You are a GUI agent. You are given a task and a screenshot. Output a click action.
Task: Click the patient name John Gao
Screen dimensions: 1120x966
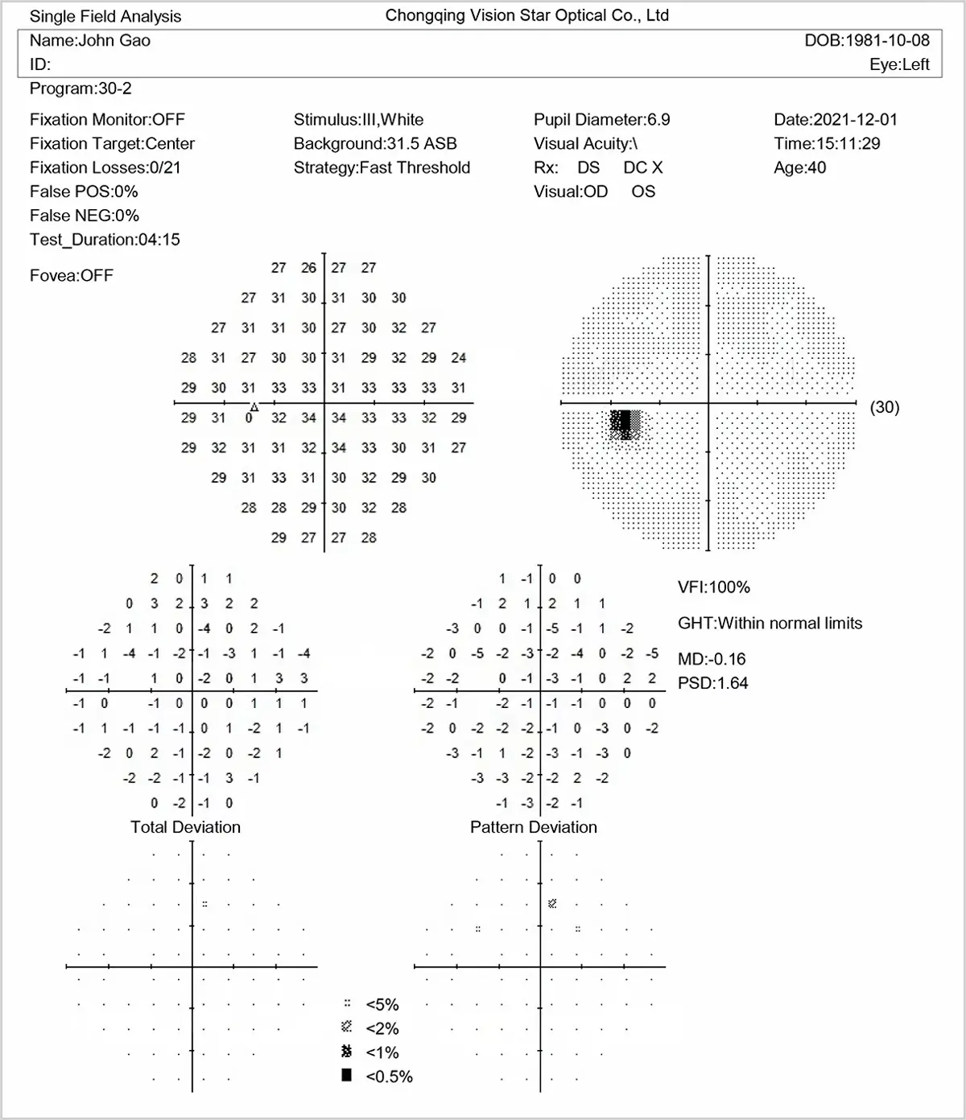pos(90,40)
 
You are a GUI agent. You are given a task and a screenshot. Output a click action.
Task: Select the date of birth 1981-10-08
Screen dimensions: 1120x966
pos(866,40)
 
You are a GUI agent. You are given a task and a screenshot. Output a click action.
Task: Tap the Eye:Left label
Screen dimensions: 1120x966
pos(898,64)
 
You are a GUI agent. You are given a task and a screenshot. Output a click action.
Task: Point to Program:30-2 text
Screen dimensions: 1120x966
pos(80,89)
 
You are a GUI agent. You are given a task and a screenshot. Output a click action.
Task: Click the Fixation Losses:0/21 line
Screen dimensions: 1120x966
pos(105,167)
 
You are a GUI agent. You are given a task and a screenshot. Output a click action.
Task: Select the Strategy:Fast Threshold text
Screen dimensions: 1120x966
pos(382,167)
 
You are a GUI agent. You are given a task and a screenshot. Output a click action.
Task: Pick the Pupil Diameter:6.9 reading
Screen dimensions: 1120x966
pos(601,120)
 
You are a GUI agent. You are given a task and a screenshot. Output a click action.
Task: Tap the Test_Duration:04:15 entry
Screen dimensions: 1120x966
pos(105,240)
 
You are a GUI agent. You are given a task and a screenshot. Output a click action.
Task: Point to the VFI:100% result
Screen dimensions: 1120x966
pos(713,587)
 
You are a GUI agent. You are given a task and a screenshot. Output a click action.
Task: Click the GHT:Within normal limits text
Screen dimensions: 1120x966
pos(770,624)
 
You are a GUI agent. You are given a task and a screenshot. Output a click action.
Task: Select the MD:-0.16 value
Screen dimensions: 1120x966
pos(712,659)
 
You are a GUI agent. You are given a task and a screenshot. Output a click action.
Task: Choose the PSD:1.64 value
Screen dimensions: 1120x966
pos(712,683)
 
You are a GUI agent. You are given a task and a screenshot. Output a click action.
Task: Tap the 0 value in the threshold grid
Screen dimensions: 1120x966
pos(249,418)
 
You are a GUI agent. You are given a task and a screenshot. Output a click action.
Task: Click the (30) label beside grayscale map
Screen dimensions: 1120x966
pos(884,407)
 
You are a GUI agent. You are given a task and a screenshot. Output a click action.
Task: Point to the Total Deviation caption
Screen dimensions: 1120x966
pos(185,827)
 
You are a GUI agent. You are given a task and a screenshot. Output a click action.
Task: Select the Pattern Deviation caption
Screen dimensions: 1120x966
pos(533,827)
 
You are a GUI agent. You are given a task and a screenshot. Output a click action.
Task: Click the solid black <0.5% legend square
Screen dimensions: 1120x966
pos(347,1076)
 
